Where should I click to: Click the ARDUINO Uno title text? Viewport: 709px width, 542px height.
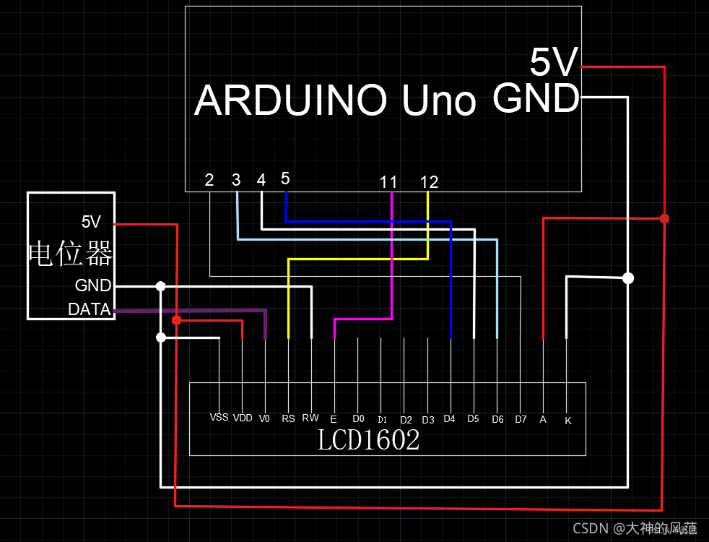(x=336, y=100)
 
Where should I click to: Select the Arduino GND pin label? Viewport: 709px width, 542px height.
(x=536, y=98)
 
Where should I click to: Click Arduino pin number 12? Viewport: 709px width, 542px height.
(x=429, y=182)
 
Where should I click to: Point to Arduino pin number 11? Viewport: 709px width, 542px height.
(x=388, y=182)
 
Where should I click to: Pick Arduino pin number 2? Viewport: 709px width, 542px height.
(x=209, y=180)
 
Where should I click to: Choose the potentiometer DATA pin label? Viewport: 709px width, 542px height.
(x=90, y=310)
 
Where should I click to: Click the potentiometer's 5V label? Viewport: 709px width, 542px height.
(x=91, y=222)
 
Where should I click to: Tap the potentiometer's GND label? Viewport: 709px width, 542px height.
(x=93, y=285)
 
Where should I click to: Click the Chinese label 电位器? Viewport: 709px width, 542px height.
(x=70, y=254)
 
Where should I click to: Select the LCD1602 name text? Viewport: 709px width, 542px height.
(x=368, y=440)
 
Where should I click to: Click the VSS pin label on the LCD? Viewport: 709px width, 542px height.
(x=219, y=417)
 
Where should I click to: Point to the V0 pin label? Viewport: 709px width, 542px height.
(x=264, y=418)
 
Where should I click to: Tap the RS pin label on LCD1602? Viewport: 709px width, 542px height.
(x=288, y=418)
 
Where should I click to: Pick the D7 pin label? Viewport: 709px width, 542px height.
(x=521, y=418)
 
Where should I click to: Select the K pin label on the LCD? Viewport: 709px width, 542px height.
(x=567, y=420)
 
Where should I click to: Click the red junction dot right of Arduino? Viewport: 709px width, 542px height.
(x=664, y=218)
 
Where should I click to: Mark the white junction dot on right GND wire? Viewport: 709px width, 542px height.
(x=628, y=278)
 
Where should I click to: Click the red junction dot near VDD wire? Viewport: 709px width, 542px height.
(x=176, y=319)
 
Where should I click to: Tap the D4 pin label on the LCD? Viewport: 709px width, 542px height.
(x=449, y=418)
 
